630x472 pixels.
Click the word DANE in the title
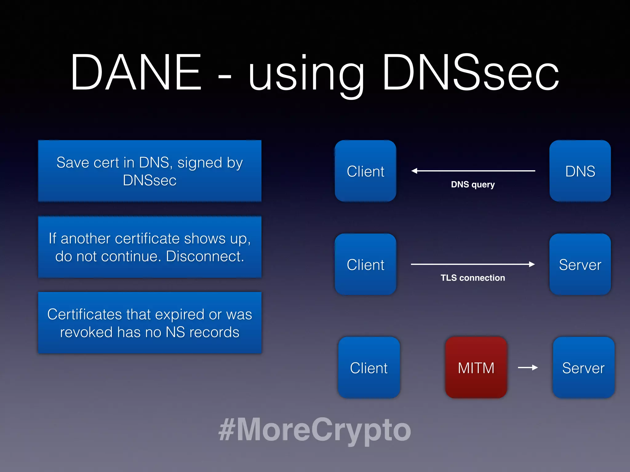click(136, 73)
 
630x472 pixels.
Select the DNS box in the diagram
click(580, 171)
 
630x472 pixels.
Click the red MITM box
click(476, 368)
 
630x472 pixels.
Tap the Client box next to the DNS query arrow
click(365, 171)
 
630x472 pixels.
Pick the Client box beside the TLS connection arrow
click(365, 264)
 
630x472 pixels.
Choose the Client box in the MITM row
click(369, 368)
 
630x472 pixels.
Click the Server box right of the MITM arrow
click(583, 368)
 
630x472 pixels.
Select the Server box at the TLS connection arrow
click(580, 264)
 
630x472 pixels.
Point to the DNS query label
click(473, 184)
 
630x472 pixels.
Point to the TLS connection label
click(473, 278)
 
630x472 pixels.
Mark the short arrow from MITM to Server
click(528, 368)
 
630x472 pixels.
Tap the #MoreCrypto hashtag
click(314, 430)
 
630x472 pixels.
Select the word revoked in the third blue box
click(86, 332)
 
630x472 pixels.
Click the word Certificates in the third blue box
click(85, 314)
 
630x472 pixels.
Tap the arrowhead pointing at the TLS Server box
click(532, 264)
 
